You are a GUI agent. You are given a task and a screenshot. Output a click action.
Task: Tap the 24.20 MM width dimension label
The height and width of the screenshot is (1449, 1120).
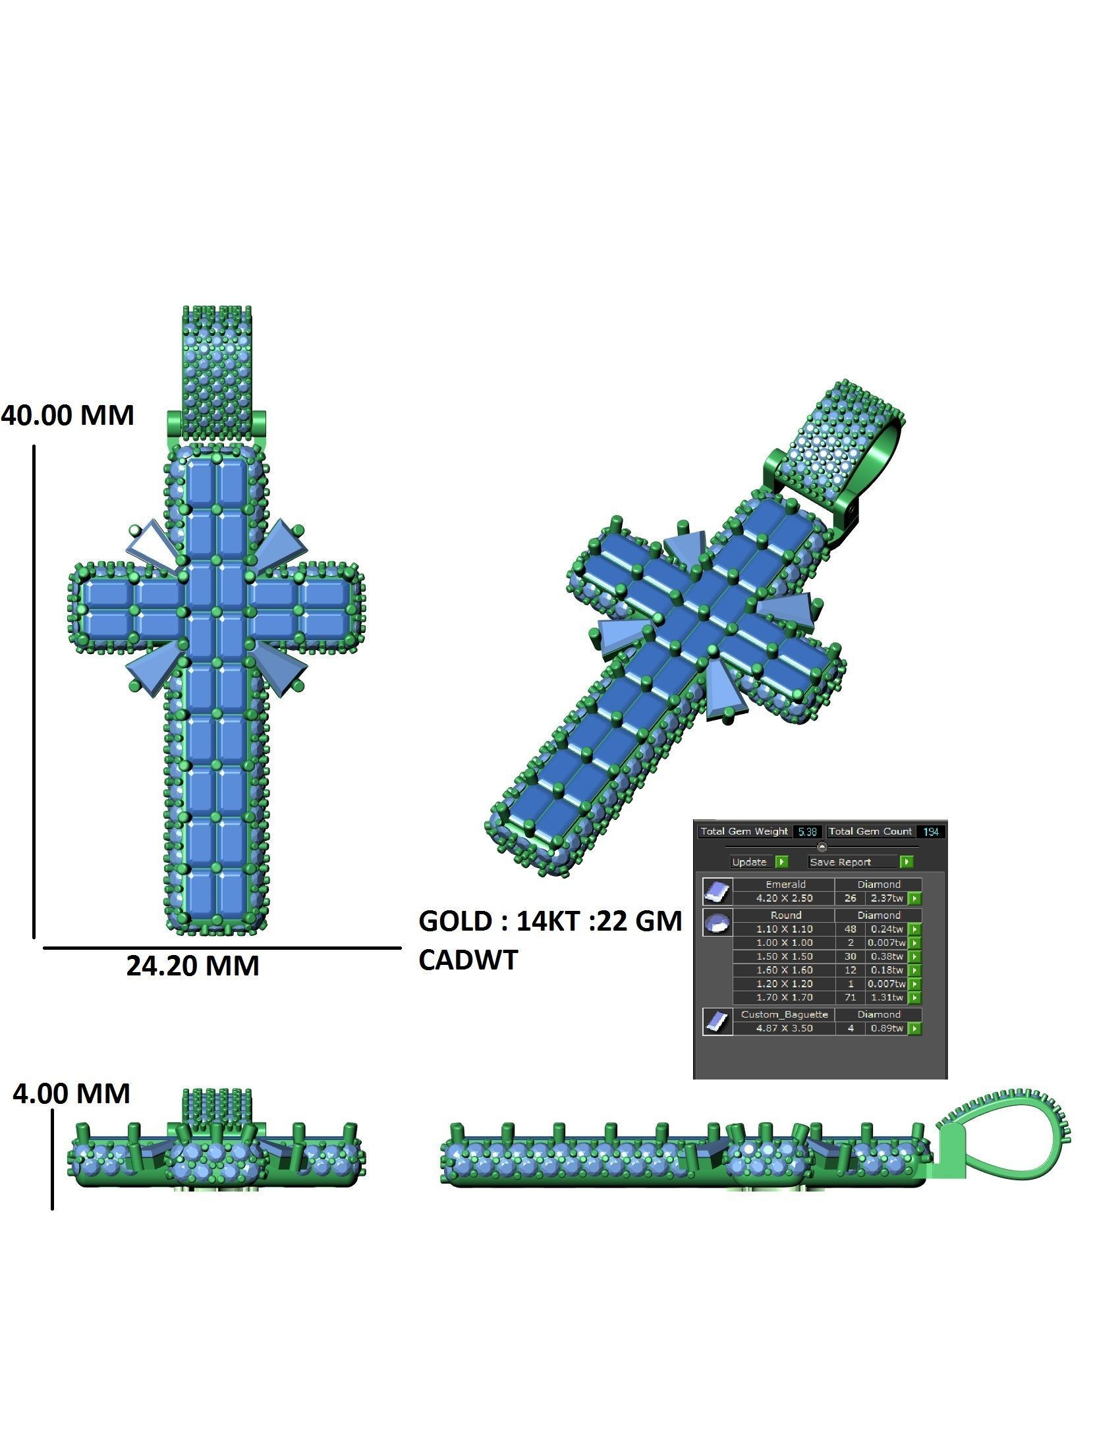point(192,966)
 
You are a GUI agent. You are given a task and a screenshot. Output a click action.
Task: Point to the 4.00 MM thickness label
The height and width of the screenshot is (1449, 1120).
point(72,1093)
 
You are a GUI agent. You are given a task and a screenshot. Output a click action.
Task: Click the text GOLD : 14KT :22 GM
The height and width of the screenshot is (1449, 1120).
point(550,921)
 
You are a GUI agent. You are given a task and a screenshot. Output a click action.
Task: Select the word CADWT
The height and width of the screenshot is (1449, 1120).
point(468,960)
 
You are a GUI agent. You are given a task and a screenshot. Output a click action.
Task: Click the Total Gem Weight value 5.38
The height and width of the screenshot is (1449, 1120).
point(808,831)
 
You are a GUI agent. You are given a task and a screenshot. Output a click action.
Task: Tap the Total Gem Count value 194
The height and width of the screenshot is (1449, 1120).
point(931,831)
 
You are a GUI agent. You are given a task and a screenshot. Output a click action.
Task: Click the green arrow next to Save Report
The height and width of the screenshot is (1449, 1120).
point(907,862)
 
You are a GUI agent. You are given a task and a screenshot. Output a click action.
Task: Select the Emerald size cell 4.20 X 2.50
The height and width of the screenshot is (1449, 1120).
point(785,898)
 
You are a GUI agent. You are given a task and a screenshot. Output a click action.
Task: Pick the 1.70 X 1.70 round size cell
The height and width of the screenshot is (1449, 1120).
point(785,997)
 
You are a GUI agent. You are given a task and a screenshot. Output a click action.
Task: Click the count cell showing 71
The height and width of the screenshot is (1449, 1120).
point(850,997)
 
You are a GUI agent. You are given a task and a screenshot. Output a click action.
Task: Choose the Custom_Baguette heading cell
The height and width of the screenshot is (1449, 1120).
point(784,1014)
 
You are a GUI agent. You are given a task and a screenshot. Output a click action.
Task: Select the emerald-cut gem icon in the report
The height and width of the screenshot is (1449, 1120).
point(717,892)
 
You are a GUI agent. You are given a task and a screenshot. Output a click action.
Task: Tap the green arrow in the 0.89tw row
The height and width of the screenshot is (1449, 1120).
point(915,1028)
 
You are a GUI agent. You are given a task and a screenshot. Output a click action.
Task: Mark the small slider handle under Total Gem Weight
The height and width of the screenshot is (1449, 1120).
point(822,846)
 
